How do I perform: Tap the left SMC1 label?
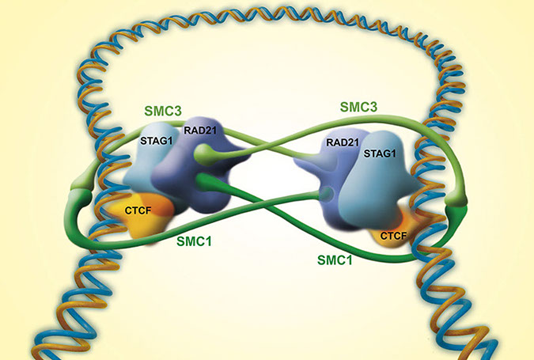[x=195, y=237]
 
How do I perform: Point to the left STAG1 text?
[x=157, y=143]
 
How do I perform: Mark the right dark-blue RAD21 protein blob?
[x=324, y=174]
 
